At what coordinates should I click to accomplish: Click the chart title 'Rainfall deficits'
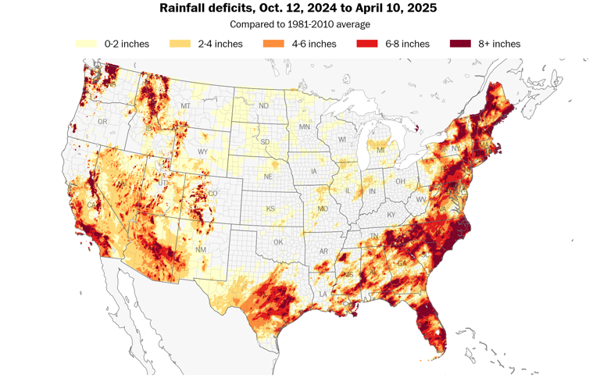click(x=298, y=9)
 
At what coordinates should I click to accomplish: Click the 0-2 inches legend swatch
click(x=87, y=44)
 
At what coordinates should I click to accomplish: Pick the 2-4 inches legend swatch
click(x=180, y=44)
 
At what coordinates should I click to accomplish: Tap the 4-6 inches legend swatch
click(x=274, y=44)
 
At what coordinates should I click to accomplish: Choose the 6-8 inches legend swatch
click(x=367, y=44)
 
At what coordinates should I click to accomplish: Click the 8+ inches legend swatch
click(x=461, y=44)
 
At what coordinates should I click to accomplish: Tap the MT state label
click(x=185, y=106)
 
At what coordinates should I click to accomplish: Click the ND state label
click(x=264, y=106)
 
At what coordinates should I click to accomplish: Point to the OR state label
click(x=102, y=122)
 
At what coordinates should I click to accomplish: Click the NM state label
click(x=201, y=250)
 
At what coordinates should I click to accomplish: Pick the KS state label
click(x=270, y=209)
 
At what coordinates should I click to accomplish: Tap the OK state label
click(x=278, y=242)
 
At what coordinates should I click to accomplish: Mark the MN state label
click(x=305, y=127)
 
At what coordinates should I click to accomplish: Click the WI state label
click(x=341, y=140)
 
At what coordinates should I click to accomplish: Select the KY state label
click(x=391, y=215)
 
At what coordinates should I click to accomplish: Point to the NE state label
click(x=267, y=177)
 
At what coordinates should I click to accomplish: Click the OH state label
click(x=400, y=182)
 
